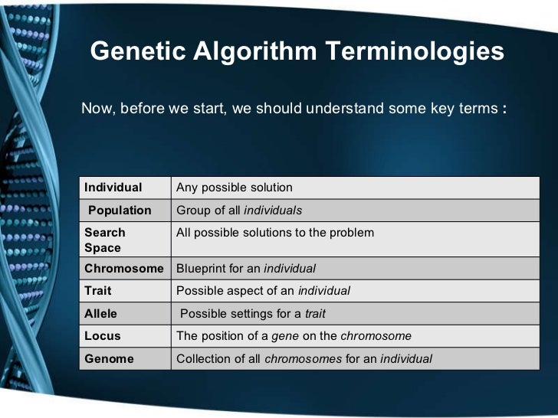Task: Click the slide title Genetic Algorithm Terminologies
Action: pos(297,52)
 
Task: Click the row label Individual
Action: pos(113,188)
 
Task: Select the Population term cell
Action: pos(120,211)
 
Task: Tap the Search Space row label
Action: pos(105,240)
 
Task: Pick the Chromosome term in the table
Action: pos(124,269)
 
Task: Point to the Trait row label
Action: pos(97,291)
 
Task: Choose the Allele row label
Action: pos(101,313)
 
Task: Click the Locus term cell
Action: pos(103,336)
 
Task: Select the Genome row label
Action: pos(109,358)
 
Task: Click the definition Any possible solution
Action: pos(235,188)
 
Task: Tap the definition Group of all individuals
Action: pos(239,211)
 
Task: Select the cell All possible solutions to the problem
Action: pos(275,232)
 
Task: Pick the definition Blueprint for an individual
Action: pos(246,269)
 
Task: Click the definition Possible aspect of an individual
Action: pos(263,291)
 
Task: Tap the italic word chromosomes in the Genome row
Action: pos(304,358)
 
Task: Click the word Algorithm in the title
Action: pos(255,52)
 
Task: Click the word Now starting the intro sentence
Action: pos(96,108)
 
